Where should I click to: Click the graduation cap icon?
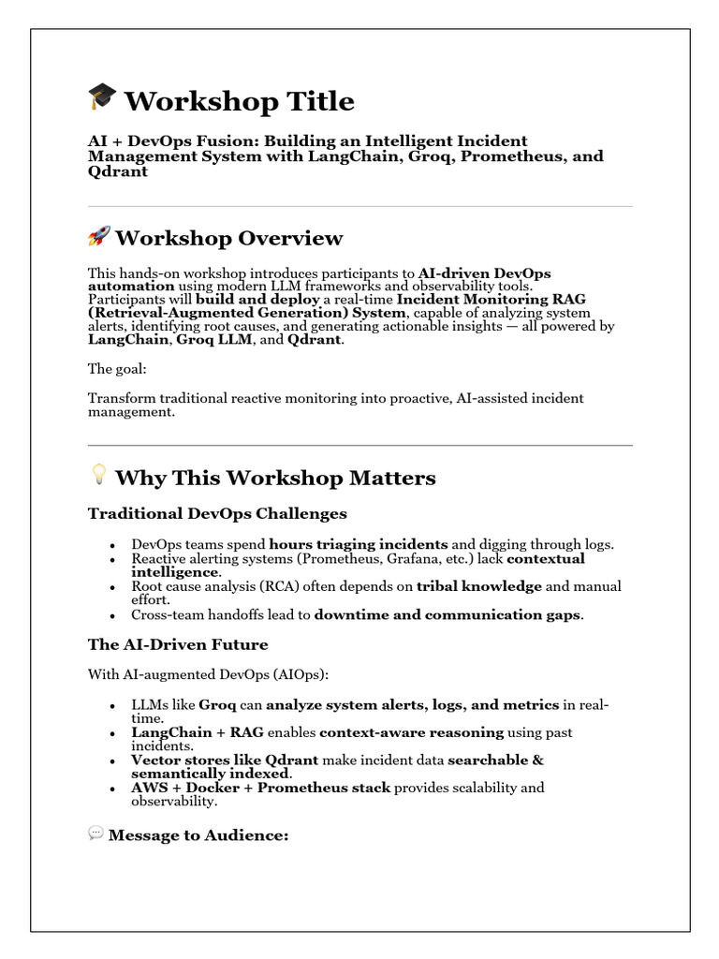pyautogui.click(x=102, y=97)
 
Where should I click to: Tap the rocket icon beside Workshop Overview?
pyautogui.click(x=98, y=236)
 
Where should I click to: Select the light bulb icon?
pyautogui.click(x=98, y=476)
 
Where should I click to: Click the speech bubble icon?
pyautogui.click(x=95, y=833)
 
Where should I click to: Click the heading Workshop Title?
pyautogui.click(x=239, y=101)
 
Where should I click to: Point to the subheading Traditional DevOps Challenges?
pyautogui.click(x=217, y=513)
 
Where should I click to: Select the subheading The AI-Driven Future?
pyautogui.click(x=178, y=644)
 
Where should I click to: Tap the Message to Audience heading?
pyautogui.click(x=198, y=834)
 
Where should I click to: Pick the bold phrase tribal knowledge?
pyautogui.click(x=479, y=586)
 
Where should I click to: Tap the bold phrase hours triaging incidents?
pyautogui.click(x=359, y=544)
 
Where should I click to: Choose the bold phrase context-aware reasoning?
pyautogui.click(x=427, y=732)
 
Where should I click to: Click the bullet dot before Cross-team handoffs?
pyautogui.click(x=112, y=616)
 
